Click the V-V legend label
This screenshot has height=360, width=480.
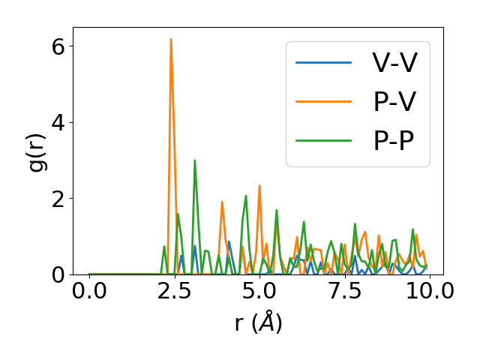(x=395, y=62)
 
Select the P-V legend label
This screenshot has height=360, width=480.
(x=395, y=101)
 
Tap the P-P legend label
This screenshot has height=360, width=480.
(x=395, y=140)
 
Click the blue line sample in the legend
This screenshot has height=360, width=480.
(x=323, y=62)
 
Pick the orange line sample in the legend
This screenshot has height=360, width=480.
(x=323, y=101)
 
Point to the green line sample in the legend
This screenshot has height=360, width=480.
(x=323, y=140)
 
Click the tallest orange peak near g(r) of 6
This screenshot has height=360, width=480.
(x=171, y=40)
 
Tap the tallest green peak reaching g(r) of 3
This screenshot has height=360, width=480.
(x=195, y=160)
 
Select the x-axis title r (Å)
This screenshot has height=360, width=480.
(x=258, y=323)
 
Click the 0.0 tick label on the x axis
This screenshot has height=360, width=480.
(x=89, y=292)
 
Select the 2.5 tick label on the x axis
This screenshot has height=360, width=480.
(x=174, y=292)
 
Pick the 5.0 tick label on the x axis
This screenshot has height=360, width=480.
(x=259, y=292)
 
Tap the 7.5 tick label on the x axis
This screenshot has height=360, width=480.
(x=344, y=292)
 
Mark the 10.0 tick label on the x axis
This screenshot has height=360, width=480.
(x=429, y=292)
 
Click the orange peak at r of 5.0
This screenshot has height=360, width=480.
(x=259, y=186)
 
